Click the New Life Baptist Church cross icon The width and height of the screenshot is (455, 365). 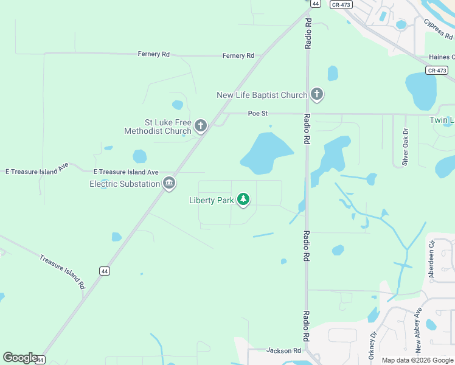(316, 95)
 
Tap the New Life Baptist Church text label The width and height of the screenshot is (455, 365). (262, 96)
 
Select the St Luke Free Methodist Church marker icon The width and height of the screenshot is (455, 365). (201, 127)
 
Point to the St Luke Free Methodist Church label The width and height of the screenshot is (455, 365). (158, 127)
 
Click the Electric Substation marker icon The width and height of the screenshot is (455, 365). (169, 183)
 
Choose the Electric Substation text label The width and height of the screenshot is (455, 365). (125, 184)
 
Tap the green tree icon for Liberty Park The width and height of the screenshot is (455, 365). (243, 200)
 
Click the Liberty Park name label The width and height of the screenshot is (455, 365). (212, 200)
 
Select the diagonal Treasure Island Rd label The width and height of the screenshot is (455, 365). (61, 271)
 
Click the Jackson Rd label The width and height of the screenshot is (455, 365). (283, 350)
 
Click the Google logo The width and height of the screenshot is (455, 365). (20, 358)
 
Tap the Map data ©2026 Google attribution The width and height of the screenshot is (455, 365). (417, 360)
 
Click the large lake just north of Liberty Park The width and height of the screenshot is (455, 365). (265, 152)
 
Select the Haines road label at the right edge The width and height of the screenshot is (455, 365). (442, 57)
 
